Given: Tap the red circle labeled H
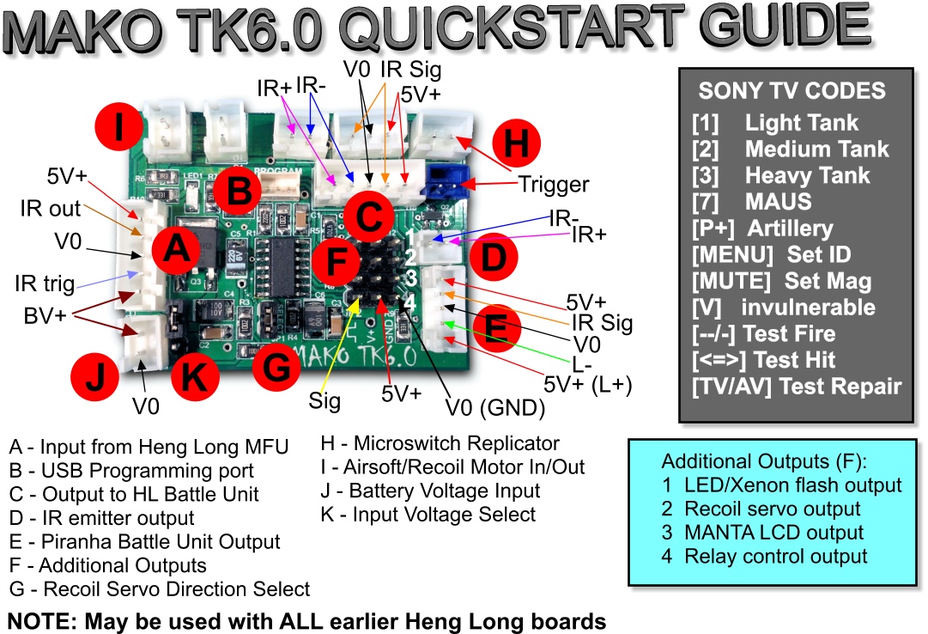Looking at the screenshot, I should pyautogui.click(x=516, y=144).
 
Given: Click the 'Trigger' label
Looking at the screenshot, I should pyautogui.click(x=554, y=184).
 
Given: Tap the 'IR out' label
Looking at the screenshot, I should pyautogui.click(x=52, y=209).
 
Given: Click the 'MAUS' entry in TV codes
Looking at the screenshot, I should pyautogui.click(x=779, y=203).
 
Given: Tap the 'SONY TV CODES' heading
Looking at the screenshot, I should pyautogui.click(x=791, y=91).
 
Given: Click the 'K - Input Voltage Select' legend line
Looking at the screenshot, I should pyautogui.click(x=428, y=515).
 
